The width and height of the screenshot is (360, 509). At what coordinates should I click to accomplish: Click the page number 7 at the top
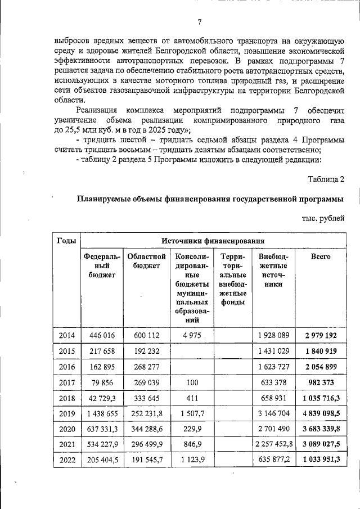click(x=199, y=22)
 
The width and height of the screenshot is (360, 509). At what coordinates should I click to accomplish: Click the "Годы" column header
click(x=66, y=241)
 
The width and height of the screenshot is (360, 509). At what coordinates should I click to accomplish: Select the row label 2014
click(x=66, y=336)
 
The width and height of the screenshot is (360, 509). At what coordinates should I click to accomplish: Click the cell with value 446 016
click(x=102, y=336)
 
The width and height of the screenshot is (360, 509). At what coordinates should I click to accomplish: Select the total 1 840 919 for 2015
click(x=321, y=352)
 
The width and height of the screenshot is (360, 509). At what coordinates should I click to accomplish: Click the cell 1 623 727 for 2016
click(x=273, y=367)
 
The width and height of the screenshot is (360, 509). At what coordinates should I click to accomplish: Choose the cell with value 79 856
click(x=102, y=382)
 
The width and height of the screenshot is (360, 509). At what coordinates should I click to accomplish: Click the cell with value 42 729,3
click(x=102, y=398)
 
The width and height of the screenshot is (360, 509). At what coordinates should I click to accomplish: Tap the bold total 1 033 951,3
click(x=321, y=475)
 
